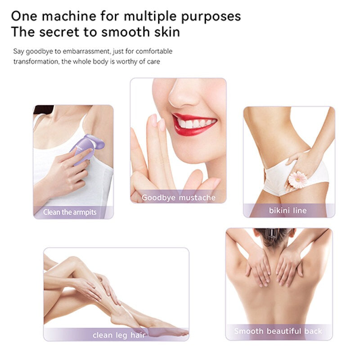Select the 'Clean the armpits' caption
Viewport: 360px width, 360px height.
coord(70,212)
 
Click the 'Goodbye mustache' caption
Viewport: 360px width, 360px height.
coord(179,198)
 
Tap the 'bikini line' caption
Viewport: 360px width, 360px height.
coord(288,210)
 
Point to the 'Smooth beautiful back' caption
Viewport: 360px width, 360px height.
coord(278,331)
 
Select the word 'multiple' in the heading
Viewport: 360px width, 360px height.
coord(157,17)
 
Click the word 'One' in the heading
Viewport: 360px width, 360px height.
coord(23,16)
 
